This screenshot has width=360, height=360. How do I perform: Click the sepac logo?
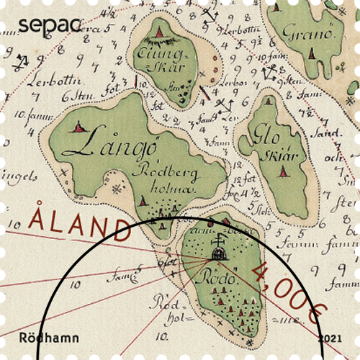click(50, 24)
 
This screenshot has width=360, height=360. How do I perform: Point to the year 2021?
click(330, 337)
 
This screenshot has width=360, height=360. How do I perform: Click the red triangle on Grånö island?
click(312, 53)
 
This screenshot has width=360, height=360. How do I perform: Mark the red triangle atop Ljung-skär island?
click(158, 32)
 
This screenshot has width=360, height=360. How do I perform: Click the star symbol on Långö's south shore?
click(117, 189)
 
